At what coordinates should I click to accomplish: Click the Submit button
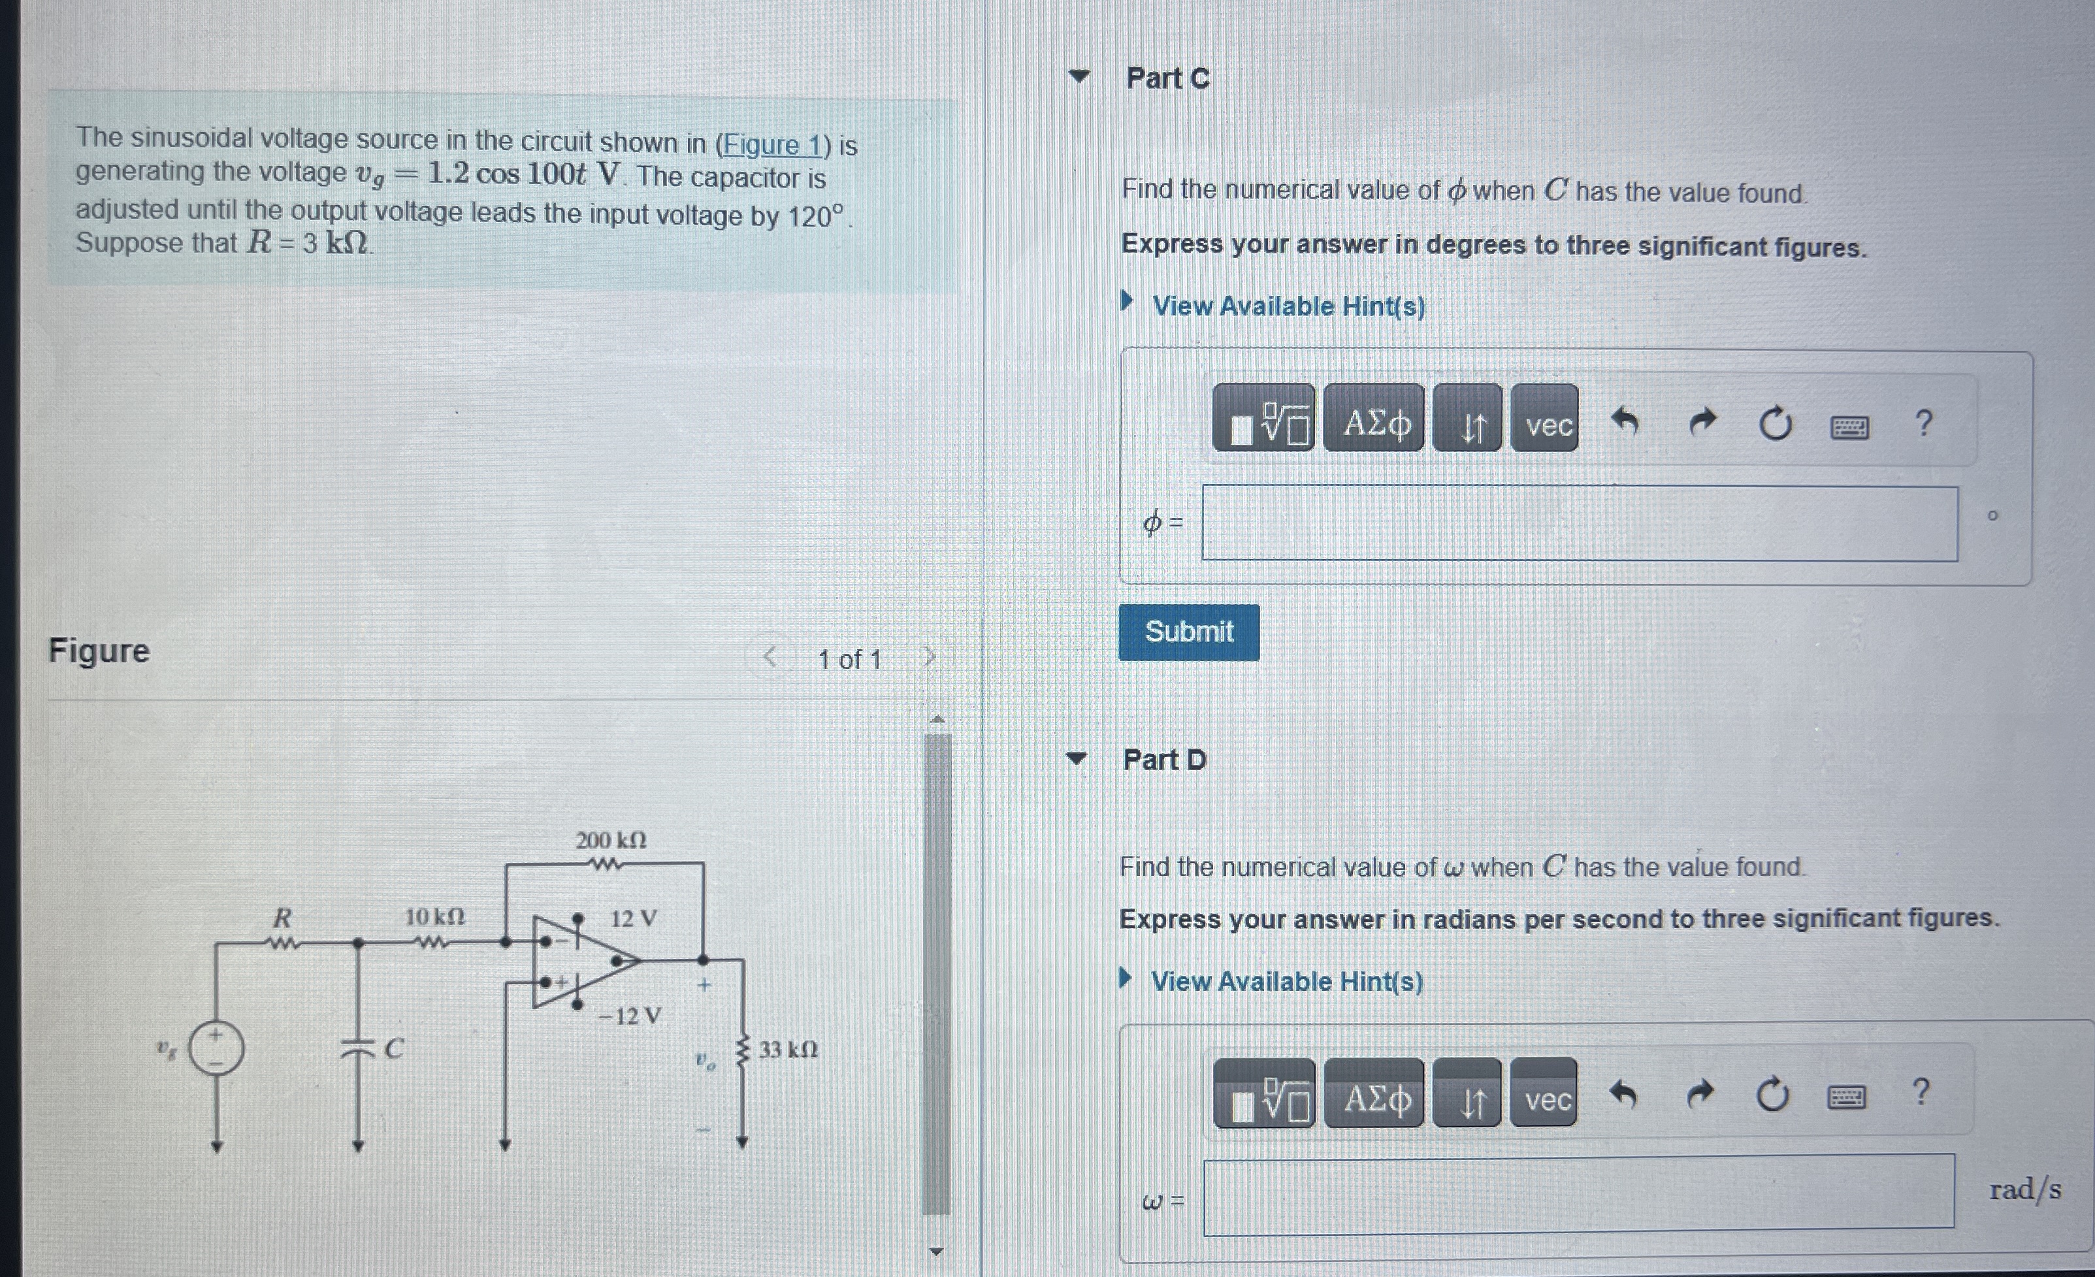click(1188, 632)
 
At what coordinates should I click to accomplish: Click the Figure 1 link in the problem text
click(771, 144)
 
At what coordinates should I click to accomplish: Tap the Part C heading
click(1167, 78)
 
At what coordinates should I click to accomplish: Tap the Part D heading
click(1163, 759)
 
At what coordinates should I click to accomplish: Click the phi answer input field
click(1579, 523)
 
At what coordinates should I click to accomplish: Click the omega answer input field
click(1578, 1191)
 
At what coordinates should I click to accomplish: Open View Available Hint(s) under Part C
click(1288, 306)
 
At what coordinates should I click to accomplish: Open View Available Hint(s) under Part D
click(1286, 981)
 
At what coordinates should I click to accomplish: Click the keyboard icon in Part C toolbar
click(1849, 426)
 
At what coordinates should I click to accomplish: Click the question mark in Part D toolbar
click(1920, 1091)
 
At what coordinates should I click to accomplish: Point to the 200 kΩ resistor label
click(611, 840)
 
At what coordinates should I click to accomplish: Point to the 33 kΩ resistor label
click(787, 1049)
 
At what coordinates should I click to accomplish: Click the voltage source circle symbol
click(216, 1048)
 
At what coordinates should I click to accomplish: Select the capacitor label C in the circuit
click(393, 1048)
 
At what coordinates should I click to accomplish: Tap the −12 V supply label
click(629, 1016)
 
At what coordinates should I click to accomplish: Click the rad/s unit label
click(2024, 1189)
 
